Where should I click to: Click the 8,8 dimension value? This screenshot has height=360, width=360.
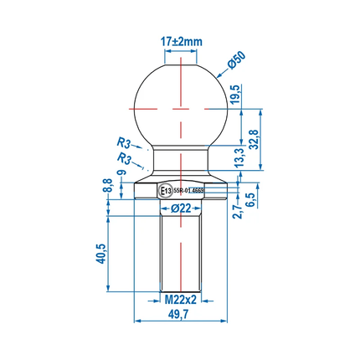[x=106, y=185]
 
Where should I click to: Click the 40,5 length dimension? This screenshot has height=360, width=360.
[x=100, y=254]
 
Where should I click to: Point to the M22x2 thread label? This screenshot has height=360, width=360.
[x=179, y=299]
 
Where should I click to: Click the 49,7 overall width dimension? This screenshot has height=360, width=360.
[x=179, y=314]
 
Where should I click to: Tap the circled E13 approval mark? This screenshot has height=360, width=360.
[x=165, y=190]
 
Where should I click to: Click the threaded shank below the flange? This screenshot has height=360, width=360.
[x=179, y=251]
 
